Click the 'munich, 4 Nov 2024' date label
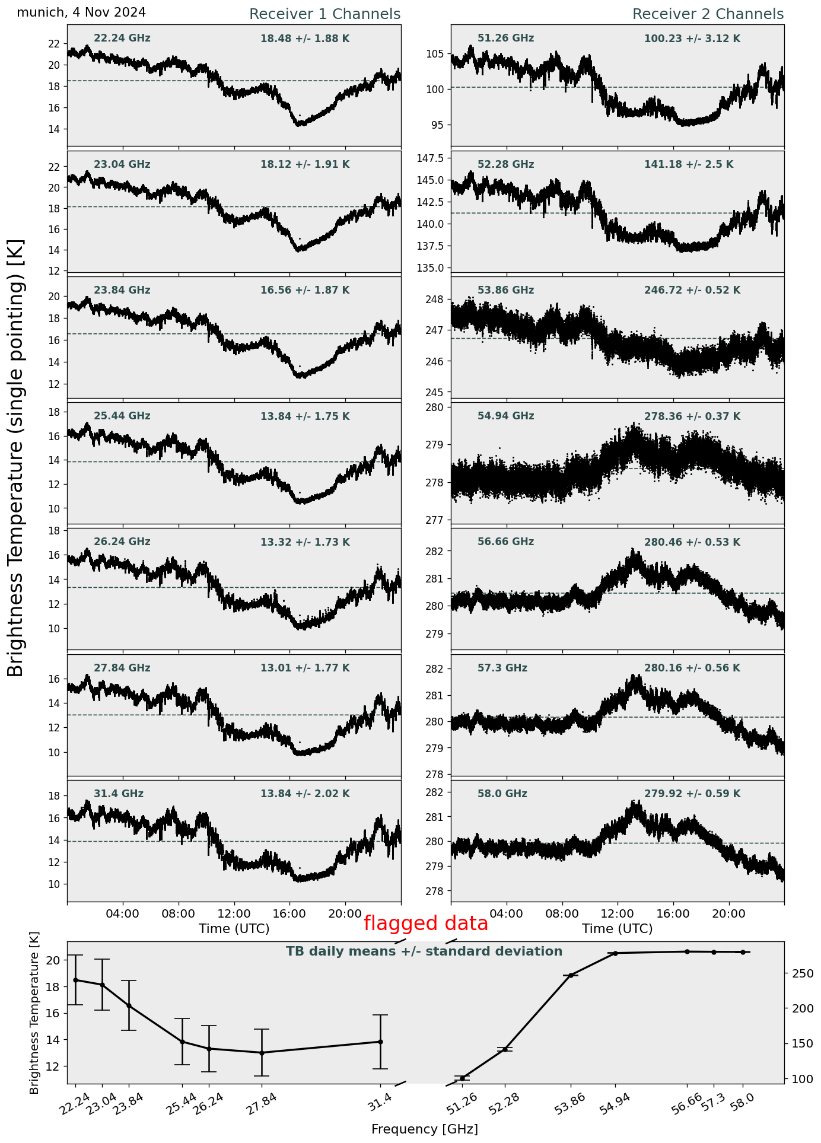tap(81, 12)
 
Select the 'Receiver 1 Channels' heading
tap(324, 14)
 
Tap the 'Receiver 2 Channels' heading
tap(708, 14)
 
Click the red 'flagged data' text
tap(425, 924)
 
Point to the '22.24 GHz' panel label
tap(122, 39)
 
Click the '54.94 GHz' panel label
tap(505, 416)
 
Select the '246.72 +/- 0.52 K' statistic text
tap(692, 291)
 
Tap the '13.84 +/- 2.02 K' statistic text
tap(305, 794)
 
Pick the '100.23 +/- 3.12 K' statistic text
tap(692, 39)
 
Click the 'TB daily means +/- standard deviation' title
tap(424, 951)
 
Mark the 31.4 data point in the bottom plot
tap(380, 1042)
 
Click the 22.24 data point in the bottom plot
tap(75, 980)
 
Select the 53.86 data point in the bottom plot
tap(571, 975)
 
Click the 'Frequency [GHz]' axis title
tap(424, 1129)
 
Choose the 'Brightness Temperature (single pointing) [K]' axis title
tap(15, 457)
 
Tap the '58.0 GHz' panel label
tap(502, 794)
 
